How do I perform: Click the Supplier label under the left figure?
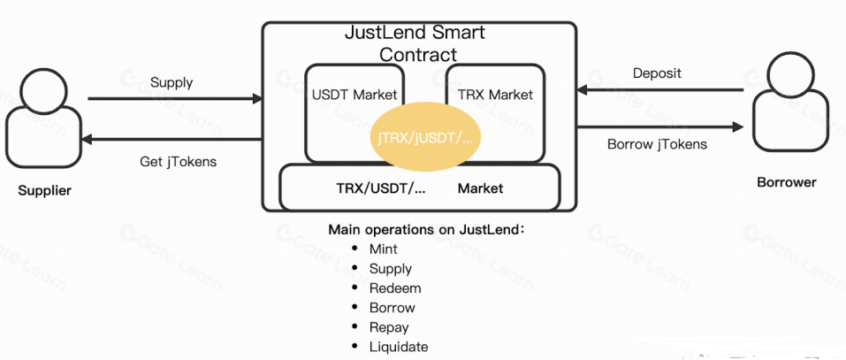[x=44, y=190]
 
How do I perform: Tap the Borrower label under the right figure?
[x=786, y=183]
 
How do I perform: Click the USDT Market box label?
[x=354, y=94]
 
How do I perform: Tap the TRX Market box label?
[x=495, y=94]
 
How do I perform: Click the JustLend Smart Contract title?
[x=414, y=43]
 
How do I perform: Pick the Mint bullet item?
[x=383, y=249]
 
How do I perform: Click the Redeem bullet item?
[x=394, y=288]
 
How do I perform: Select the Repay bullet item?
[x=388, y=327]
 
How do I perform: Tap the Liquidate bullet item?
[x=398, y=347]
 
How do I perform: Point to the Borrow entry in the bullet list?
[x=392, y=308]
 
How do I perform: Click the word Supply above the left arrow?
[x=171, y=83]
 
